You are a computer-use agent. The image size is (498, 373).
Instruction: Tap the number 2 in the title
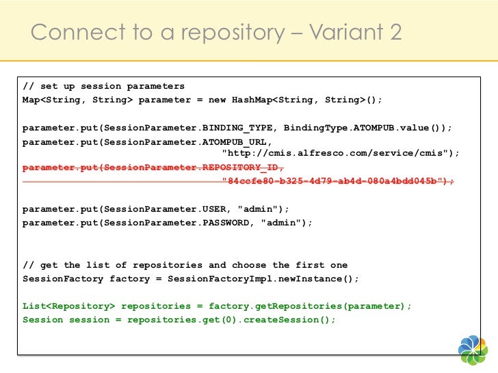[394, 31]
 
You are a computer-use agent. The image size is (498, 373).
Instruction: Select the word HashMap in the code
[252, 100]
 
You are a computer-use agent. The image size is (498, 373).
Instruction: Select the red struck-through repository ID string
[338, 181]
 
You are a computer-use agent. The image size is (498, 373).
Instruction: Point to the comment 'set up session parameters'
[112, 86]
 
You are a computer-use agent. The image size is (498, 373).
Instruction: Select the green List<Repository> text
[68, 306]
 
